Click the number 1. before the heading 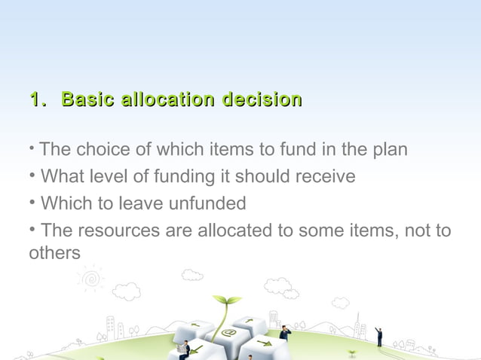38,99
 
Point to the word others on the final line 54,254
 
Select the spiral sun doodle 90,279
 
